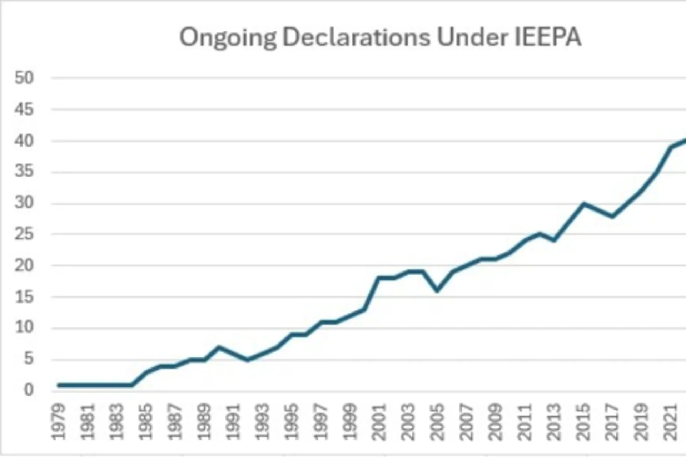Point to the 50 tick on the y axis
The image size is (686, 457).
point(24,78)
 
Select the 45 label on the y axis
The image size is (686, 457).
point(24,110)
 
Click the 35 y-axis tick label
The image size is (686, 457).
point(24,172)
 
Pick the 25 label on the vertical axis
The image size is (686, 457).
point(24,234)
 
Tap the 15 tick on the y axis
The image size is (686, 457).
point(24,297)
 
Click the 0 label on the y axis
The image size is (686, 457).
point(29,390)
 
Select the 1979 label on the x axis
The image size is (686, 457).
point(58,422)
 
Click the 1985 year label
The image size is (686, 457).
point(145,422)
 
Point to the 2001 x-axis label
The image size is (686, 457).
point(379,422)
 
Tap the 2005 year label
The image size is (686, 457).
point(437,422)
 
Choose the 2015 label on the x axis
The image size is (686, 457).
point(583,422)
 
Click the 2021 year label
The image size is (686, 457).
point(670,422)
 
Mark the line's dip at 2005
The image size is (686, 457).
point(437,290)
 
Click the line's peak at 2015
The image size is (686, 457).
point(583,204)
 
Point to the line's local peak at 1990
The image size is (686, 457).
point(219,347)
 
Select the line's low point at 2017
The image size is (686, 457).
point(612,216)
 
